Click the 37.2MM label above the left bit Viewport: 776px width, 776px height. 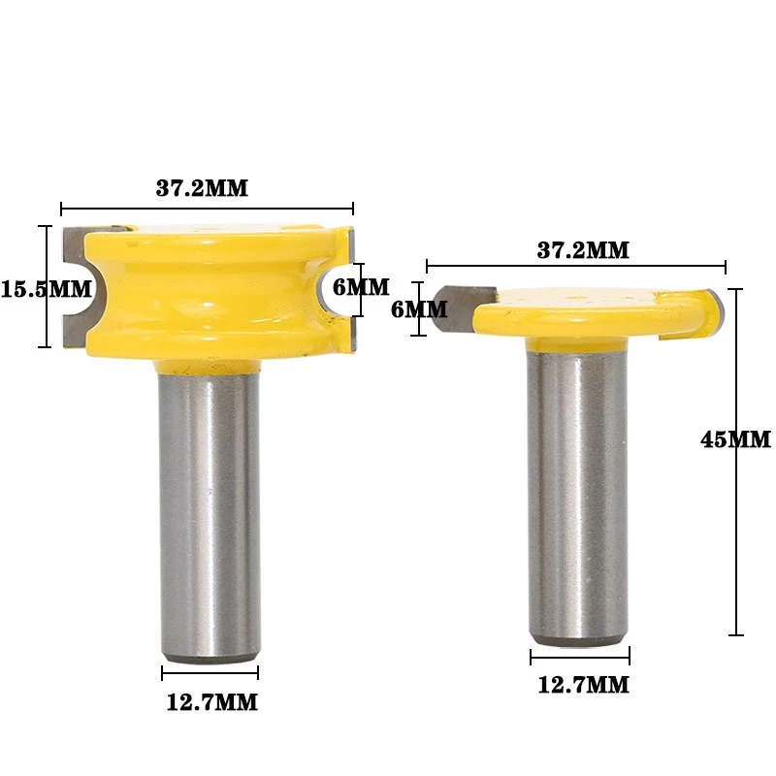(x=202, y=188)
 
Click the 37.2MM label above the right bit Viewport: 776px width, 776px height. (x=583, y=250)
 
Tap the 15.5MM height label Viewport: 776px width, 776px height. (x=46, y=288)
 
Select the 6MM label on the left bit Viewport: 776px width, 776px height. (x=360, y=287)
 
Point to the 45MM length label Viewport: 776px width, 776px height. (x=734, y=438)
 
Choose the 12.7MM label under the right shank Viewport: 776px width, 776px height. (x=582, y=685)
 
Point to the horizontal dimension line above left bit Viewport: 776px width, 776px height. (x=291, y=208)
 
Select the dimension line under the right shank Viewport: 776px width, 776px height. (x=578, y=657)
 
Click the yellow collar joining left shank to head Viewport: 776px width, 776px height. (x=210, y=365)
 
